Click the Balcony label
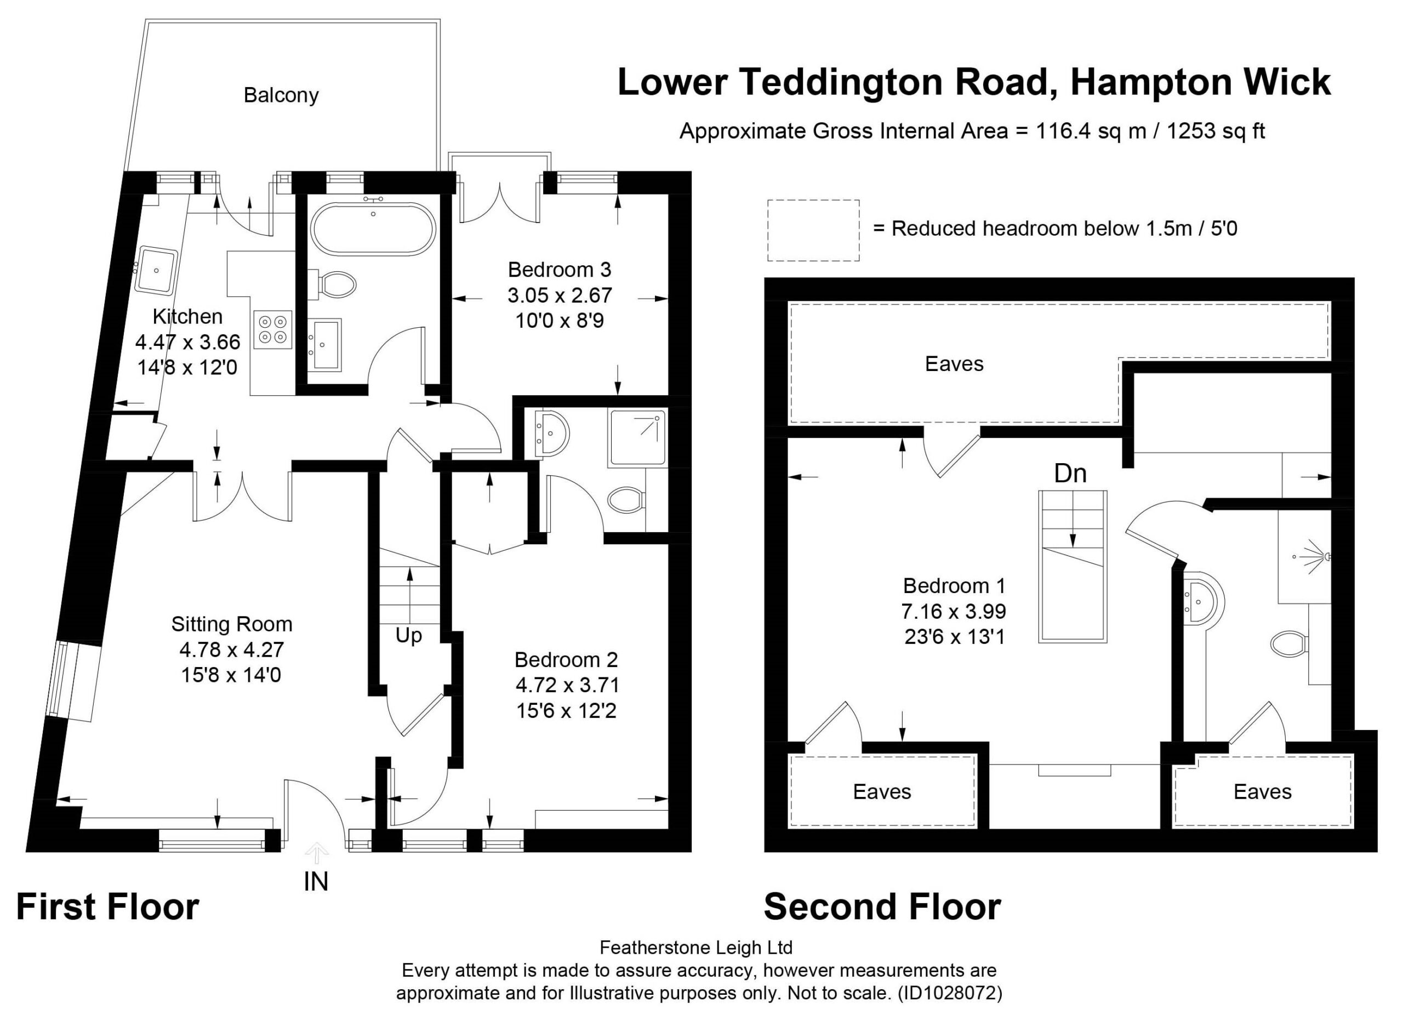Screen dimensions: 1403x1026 pos(281,95)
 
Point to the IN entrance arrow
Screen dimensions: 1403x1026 pos(317,852)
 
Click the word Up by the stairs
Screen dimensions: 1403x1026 pos(409,636)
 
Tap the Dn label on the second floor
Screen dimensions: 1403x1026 pos(1070,474)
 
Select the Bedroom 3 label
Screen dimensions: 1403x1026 pos(560,270)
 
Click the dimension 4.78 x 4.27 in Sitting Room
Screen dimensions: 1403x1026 pos(232,649)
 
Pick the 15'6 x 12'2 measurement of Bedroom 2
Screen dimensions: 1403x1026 pos(567,710)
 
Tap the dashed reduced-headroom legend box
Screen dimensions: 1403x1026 pos(814,230)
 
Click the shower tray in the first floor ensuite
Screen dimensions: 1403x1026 pos(637,438)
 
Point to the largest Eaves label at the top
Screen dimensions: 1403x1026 pos(954,364)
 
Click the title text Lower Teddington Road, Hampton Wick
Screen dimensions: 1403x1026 pos(974,83)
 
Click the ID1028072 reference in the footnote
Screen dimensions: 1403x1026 pos(950,993)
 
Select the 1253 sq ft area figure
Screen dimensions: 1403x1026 pos(1216,132)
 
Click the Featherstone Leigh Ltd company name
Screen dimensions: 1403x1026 pos(695,947)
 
